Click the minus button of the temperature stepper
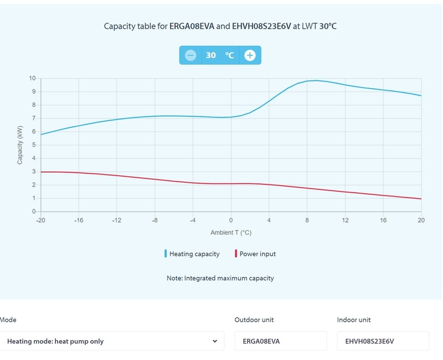190,55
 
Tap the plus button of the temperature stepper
250,55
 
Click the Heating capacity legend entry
194,254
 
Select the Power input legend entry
256,254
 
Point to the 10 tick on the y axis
32,78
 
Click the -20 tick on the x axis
40,220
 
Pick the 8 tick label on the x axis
307,220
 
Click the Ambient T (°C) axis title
231,233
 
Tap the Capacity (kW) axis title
20,145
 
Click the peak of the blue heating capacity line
315,80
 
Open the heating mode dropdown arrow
215,341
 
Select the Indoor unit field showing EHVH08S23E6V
383,341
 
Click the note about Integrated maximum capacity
220,278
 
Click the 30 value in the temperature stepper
211,55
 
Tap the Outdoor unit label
254,320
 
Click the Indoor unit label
354,320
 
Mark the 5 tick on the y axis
33,145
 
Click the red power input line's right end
421,199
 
